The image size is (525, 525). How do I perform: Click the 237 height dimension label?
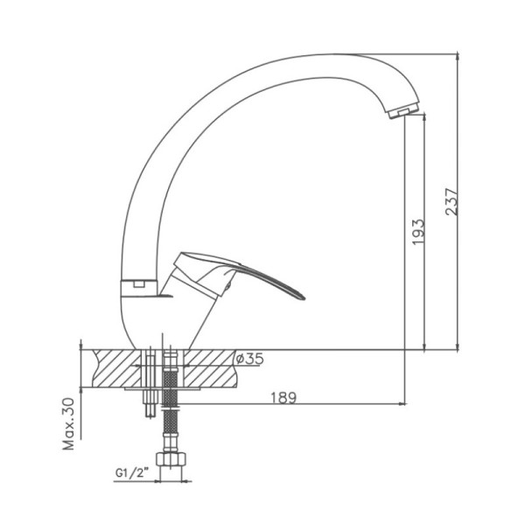(451, 202)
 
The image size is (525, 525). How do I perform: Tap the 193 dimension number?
(418, 232)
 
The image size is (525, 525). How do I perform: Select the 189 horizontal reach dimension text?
(283, 397)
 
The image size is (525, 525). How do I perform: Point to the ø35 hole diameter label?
(249, 359)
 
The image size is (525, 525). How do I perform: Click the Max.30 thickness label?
(69, 423)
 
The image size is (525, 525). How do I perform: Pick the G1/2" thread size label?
(132, 473)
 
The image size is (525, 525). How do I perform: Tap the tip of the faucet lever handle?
(304, 297)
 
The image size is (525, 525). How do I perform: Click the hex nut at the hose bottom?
(171, 458)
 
